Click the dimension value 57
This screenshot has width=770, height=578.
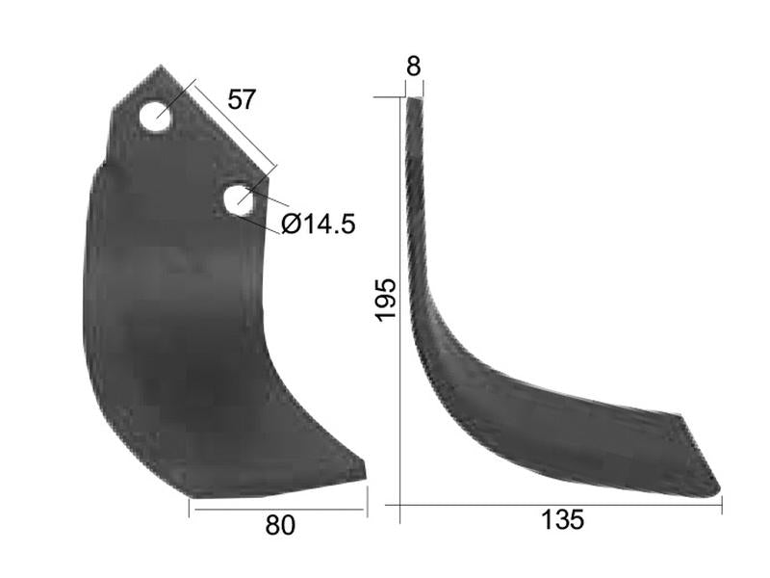[x=242, y=99]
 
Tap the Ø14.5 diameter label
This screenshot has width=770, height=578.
[x=319, y=224]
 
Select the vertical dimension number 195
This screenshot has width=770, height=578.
[x=384, y=300]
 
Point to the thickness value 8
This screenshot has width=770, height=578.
[x=414, y=66]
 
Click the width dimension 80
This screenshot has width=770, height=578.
[x=280, y=525]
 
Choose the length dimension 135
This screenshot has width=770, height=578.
[x=562, y=520]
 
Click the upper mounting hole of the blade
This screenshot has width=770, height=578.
[x=155, y=118]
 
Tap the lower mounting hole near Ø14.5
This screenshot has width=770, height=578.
[x=239, y=199]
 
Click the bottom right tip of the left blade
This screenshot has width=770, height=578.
[x=364, y=472]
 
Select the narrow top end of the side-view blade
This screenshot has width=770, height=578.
[x=415, y=99]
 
